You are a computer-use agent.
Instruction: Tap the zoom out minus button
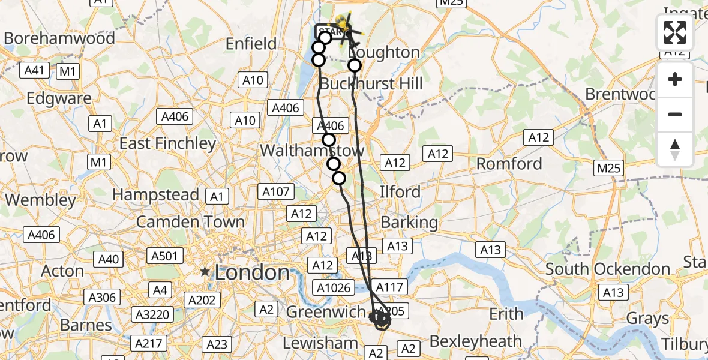pyautogui.click(x=675, y=114)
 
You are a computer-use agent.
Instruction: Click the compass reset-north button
pyautogui.click(x=675, y=149)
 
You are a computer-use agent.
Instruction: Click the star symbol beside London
pyautogui.click(x=206, y=272)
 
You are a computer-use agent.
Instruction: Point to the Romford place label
pyautogui.click(x=509, y=163)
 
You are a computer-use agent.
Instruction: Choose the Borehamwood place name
pyautogui.click(x=59, y=38)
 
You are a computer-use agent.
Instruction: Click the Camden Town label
pyautogui.click(x=191, y=221)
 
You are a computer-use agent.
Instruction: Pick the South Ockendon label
pyautogui.click(x=608, y=269)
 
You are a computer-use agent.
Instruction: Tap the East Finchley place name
pyautogui.click(x=167, y=143)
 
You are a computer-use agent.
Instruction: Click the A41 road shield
pyautogui.click(x=35, y=71)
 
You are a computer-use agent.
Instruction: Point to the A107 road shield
pyautogui.click(x=277, y=192)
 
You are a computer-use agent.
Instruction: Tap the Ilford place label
pyautogui.click(x=400, y=192)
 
